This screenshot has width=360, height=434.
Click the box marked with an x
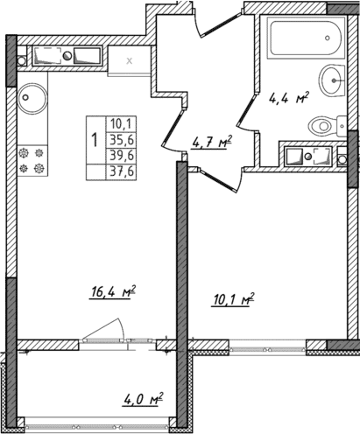(x=130, y=60)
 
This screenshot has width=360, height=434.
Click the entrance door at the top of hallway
(x=199, y=26)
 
